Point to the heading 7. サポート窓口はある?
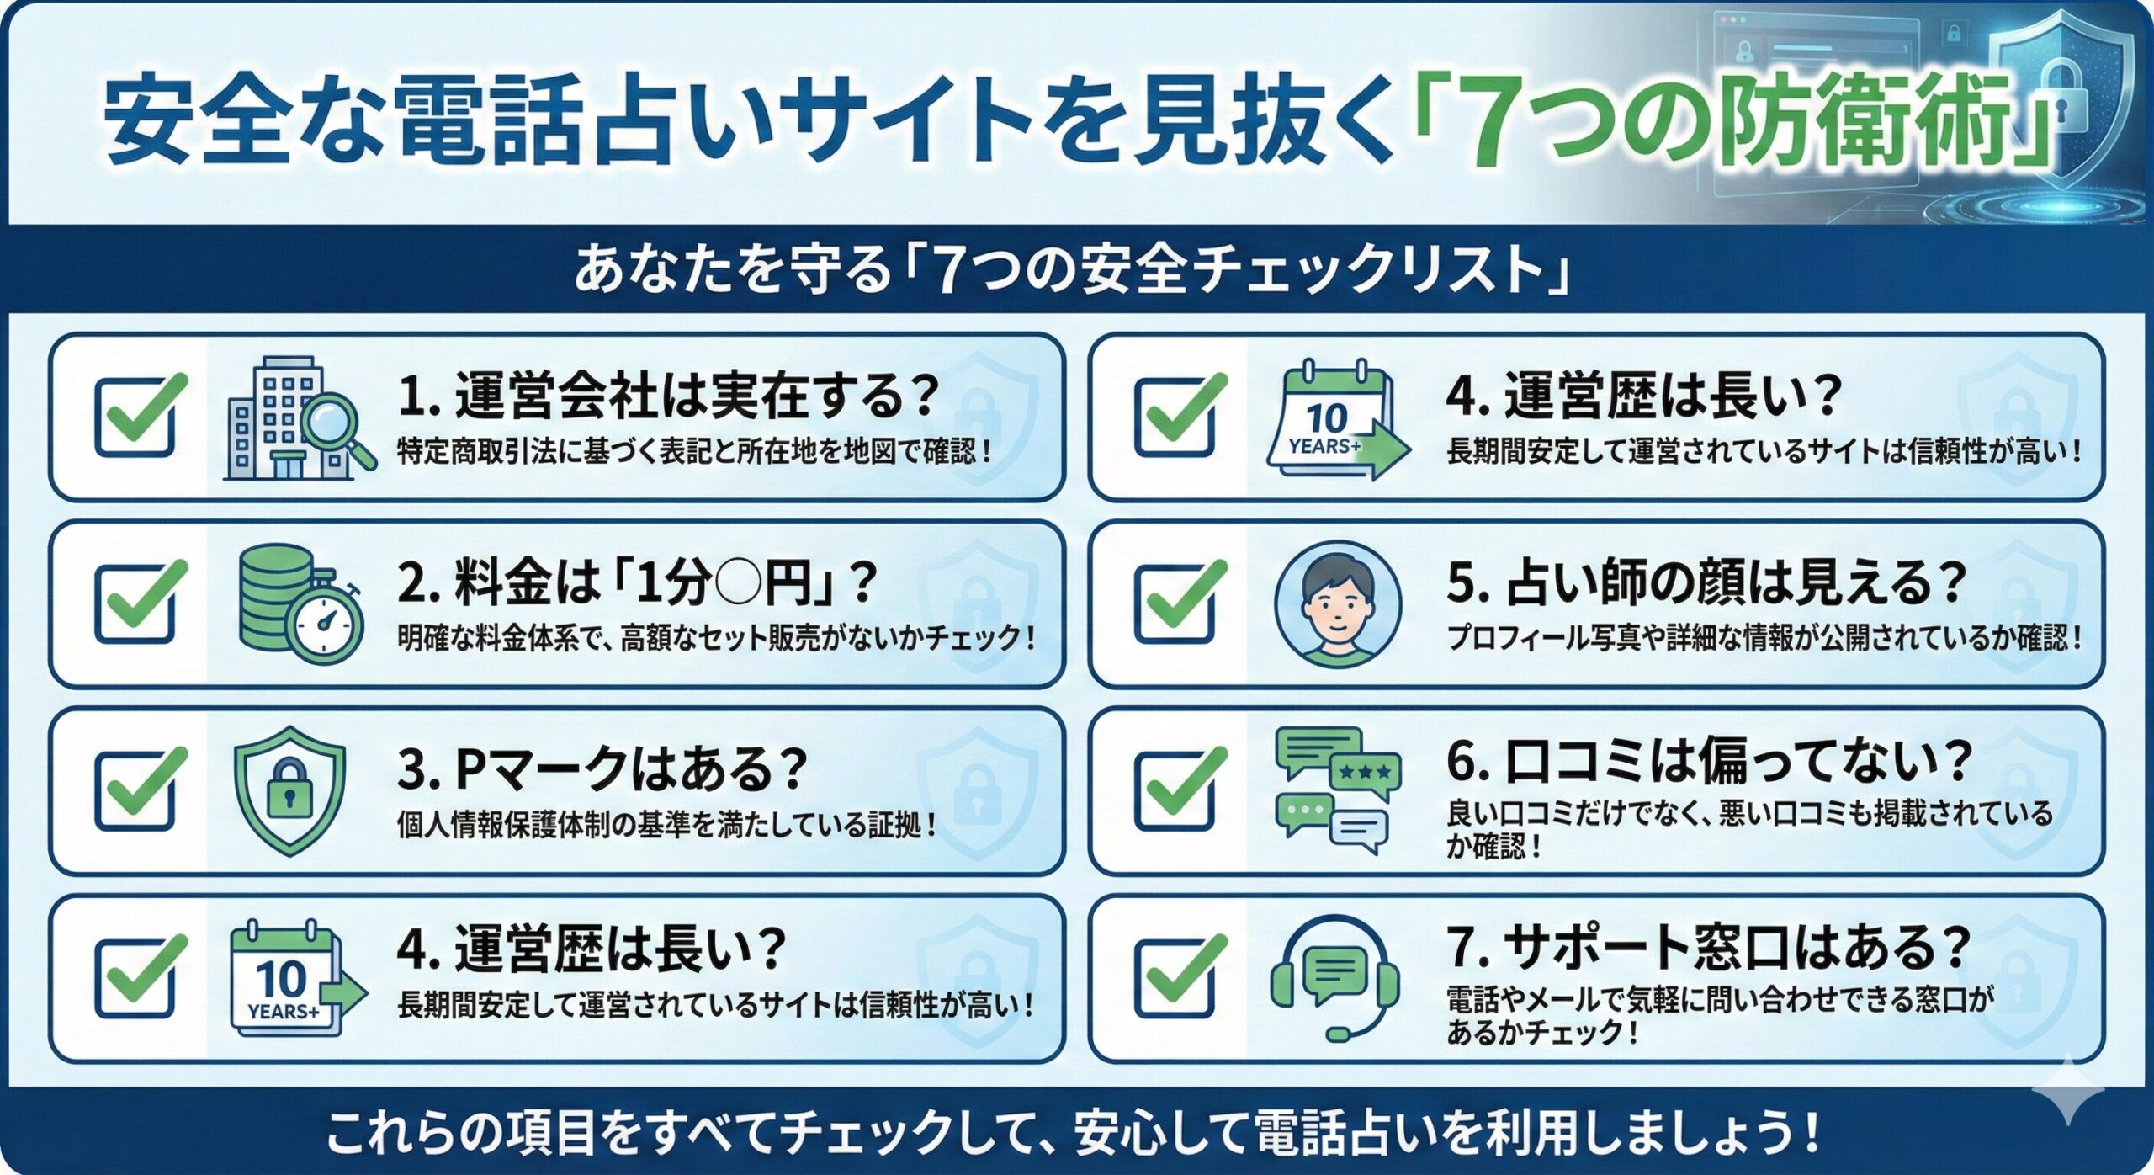click(1708, 946)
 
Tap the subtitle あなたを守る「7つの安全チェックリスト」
click(1071, 269)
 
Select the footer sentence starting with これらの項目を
click(1073, 1132)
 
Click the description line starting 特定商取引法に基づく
click(695, 452)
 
